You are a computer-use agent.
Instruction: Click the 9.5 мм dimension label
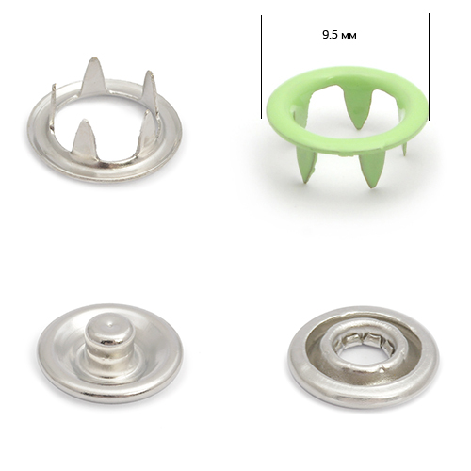pyautogui.click(x=339, y=35)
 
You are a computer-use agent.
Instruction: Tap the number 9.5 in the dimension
pyautogui.click(x=330, y=35)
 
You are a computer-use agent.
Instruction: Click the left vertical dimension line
pyautogui.click(x=261, y=67)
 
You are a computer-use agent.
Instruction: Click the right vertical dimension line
pyautogui.click(x=429, y=67)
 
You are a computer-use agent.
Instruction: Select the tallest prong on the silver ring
pyautogui.click(x=92, y=76)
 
